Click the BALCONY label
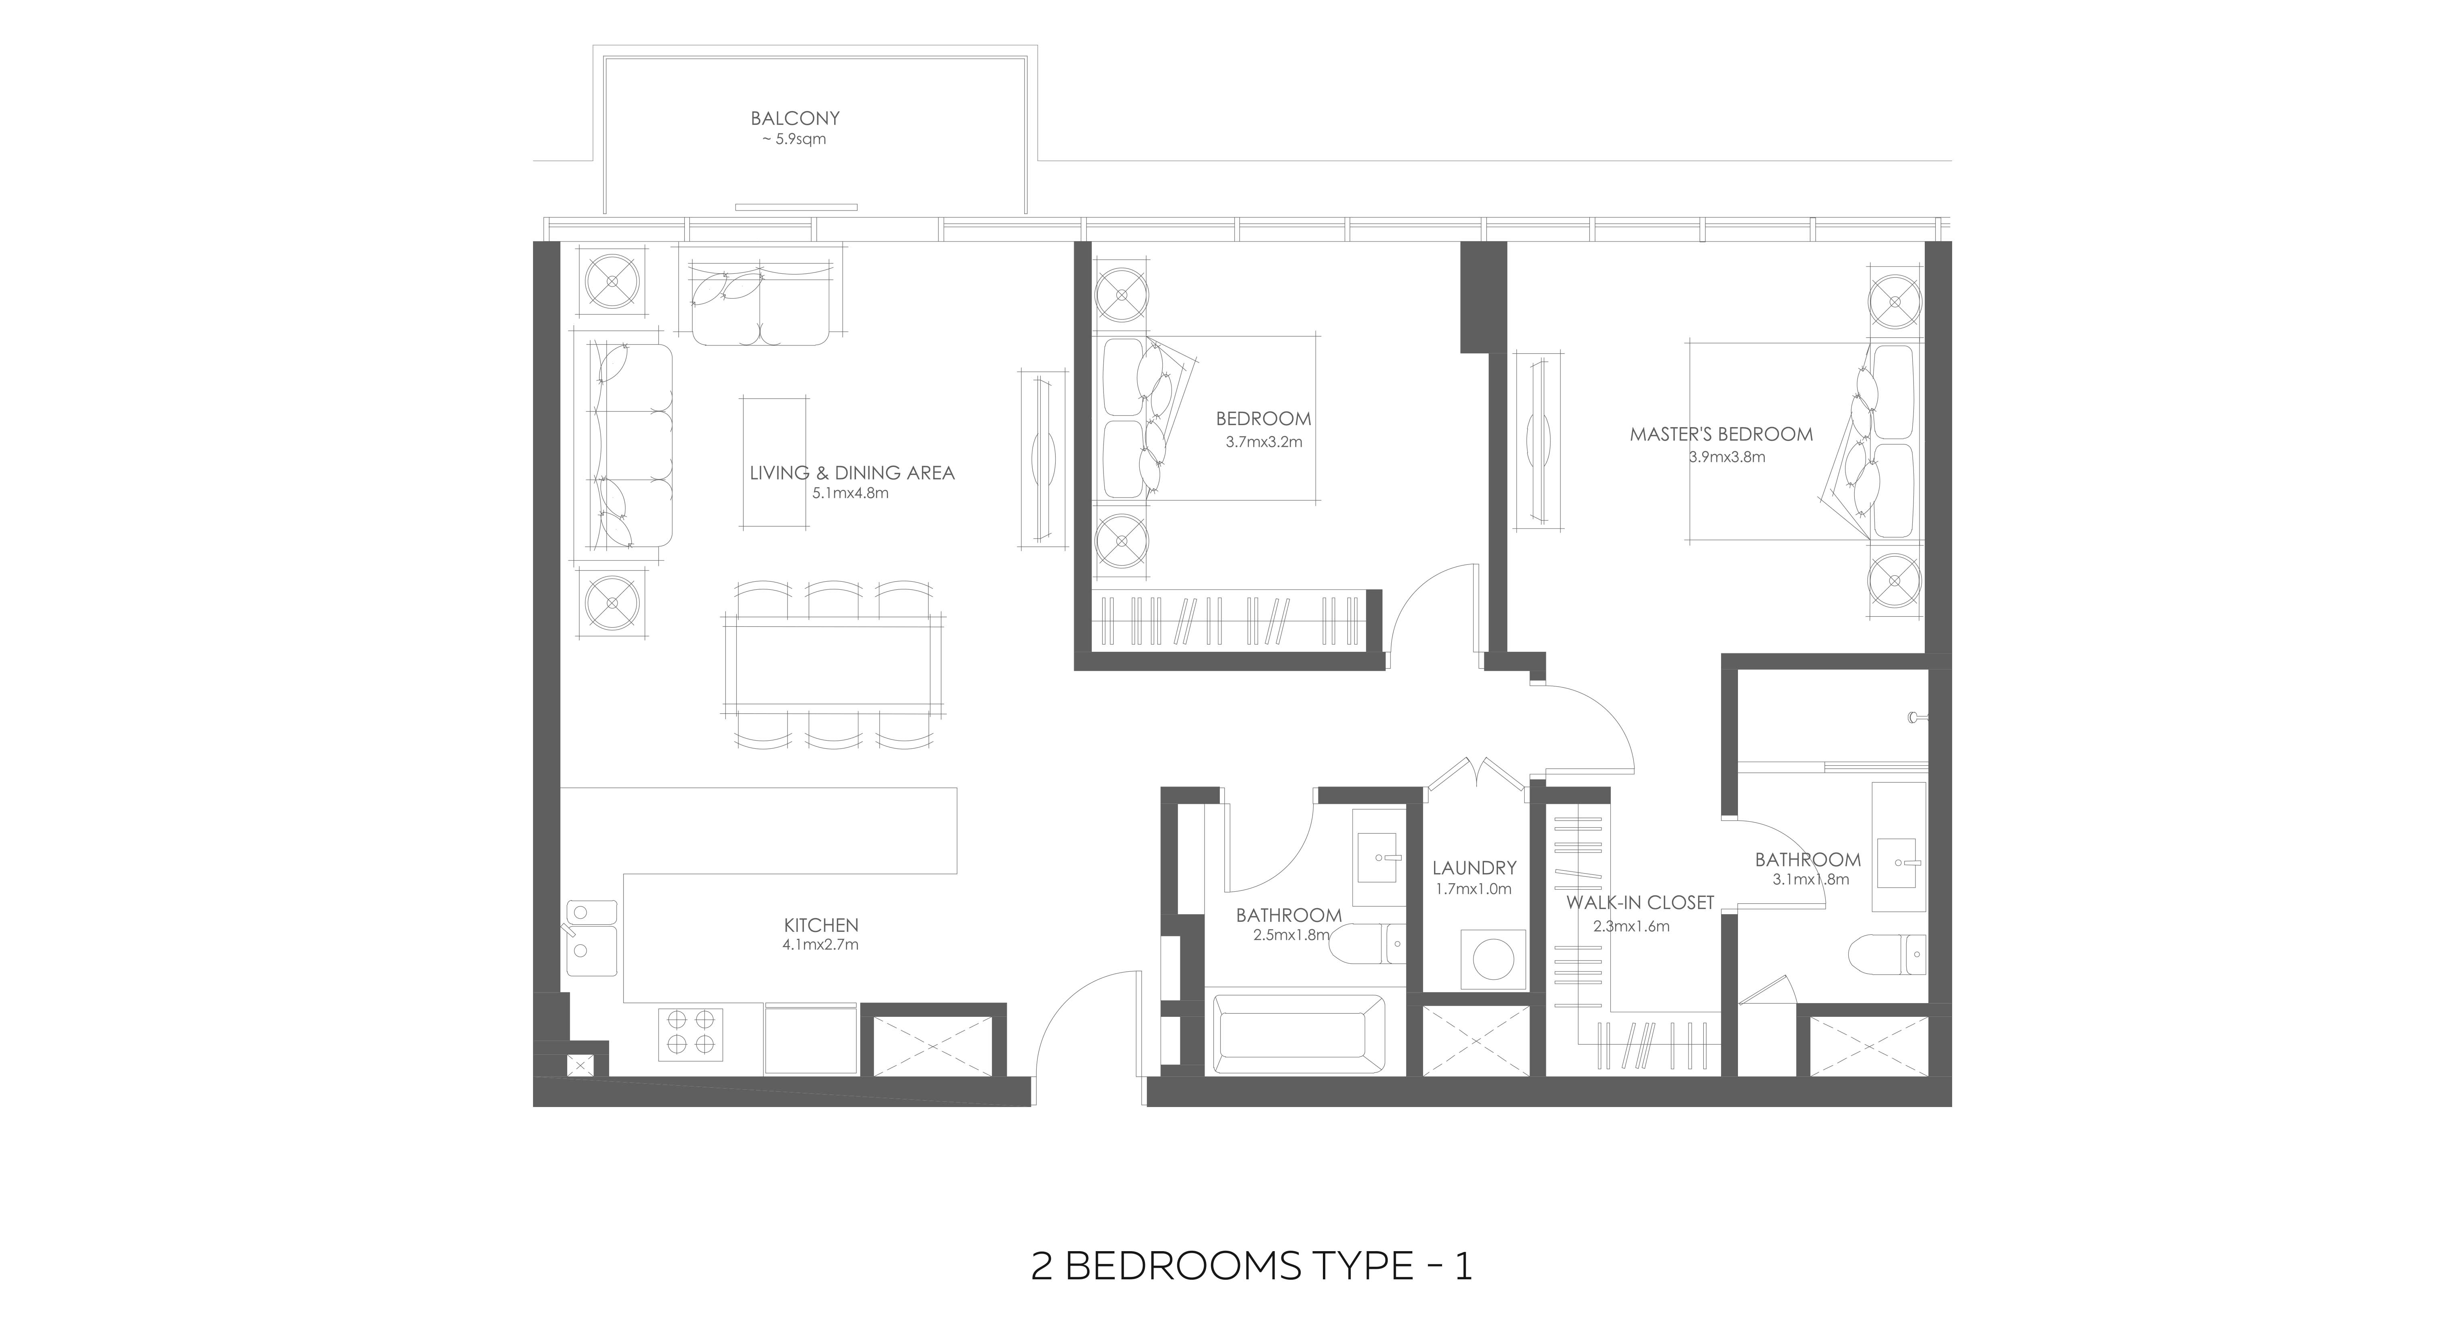795,118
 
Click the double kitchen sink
591,937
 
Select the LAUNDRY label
1474,868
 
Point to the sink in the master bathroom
1897,863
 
